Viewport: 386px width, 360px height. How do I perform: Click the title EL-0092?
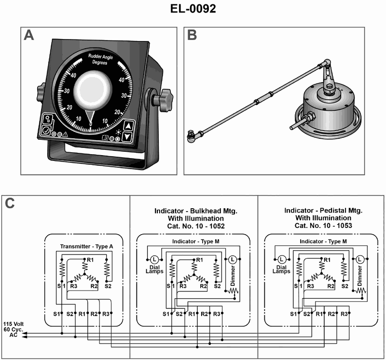click(x=193, y=9)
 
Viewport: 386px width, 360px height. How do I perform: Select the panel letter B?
click(x=192, y=36)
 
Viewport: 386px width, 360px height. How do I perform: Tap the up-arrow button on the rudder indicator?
click(x=127, y=126)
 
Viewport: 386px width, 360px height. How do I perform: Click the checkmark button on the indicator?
click(x=47, y=130)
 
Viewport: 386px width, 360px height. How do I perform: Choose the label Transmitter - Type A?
click(x=87, y=246)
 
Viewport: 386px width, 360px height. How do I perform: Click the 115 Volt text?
click(x=14, y=323)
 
